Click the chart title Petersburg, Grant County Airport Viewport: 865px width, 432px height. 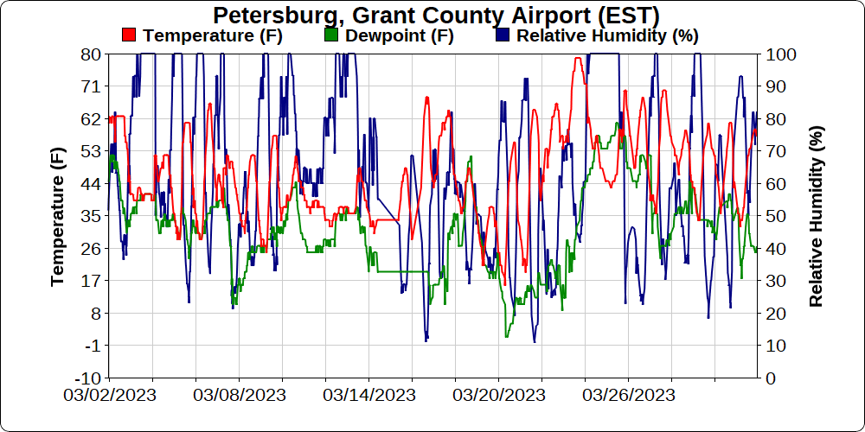pyautogui.click(x=436, y=16)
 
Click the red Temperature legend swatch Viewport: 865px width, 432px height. pyautogui.click(x=129, y=35)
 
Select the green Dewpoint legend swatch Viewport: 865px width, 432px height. pyautogui.click(x=330, y=35)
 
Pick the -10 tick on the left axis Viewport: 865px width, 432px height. pyautogui.click(x=88, y=378)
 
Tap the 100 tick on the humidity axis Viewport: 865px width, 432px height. pyautogui.click(x=780, y=54)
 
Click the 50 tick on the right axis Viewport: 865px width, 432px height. pyautogui.click(x=776, y=216)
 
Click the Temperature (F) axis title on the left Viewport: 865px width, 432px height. pyautogui.click(x=58, y=216)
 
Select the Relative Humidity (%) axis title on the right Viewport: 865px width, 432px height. pyautogui.click(x=816, y=216)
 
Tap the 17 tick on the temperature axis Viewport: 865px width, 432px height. pyautogui.click(x=91, y=281)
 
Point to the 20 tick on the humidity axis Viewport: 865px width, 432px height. pyautogui.click(x=776, y=314)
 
